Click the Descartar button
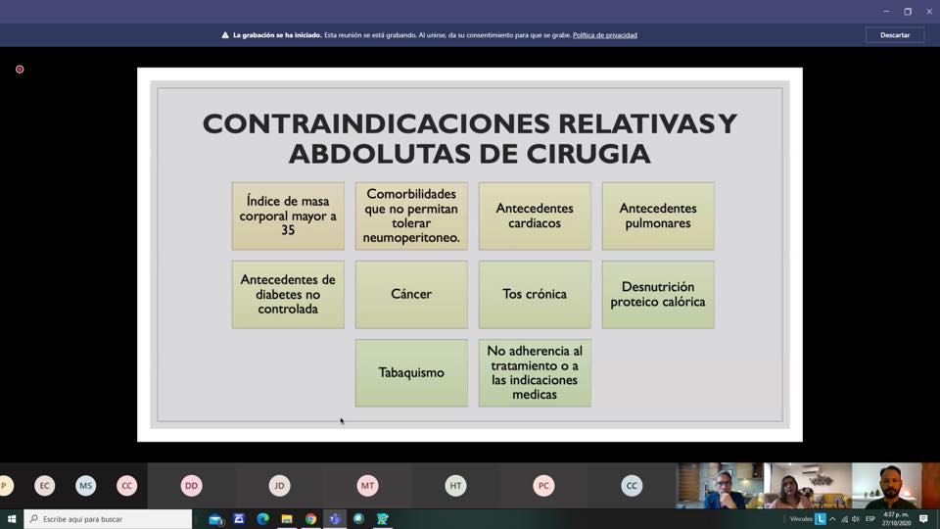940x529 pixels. [894, 35]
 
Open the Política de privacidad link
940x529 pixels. [604, 35]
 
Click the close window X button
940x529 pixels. [928, 12]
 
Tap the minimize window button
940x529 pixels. [886, 12]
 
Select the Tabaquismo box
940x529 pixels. [411, 373]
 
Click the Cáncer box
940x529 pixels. [411, 295]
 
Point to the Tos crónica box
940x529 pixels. [535, 295]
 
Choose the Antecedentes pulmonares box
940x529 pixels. [658, 216]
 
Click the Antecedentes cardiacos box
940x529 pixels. [535, 216]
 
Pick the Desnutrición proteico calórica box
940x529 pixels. [658, 295]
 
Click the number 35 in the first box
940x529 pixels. [288, 231]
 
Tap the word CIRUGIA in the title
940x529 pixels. [588, 154]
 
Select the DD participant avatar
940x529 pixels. [191, 486]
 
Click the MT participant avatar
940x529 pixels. [367, 486]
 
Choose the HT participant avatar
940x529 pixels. [455, 486]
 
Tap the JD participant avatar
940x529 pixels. [279, 486]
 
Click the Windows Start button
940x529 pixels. [12, 519]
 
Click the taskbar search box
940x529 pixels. [108, 519]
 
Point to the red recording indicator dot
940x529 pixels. [20, 70]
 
